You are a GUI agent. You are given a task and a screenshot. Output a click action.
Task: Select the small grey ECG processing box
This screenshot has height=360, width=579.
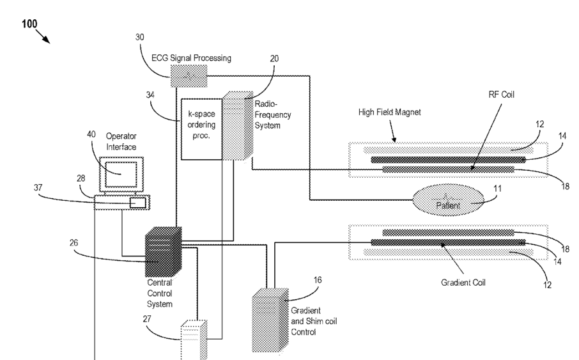point(189,77)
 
